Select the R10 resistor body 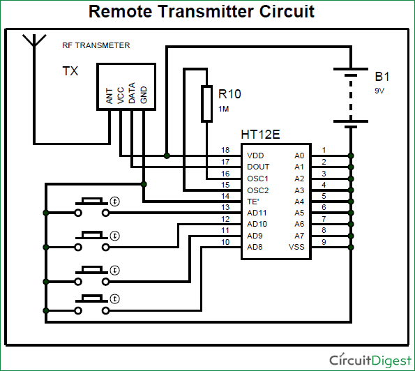pos(206,103)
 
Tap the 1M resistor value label pos(223,109)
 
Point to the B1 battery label pos(383,76)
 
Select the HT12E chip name pos(260,133)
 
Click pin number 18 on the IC pos(225,150)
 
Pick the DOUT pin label pos(257,167)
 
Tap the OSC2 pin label pos(257,190)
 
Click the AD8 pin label pos(256,247)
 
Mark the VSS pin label pos(296,247)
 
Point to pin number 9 pos(324,242)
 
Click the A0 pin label pos(299,155)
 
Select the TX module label pos(70,71)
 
